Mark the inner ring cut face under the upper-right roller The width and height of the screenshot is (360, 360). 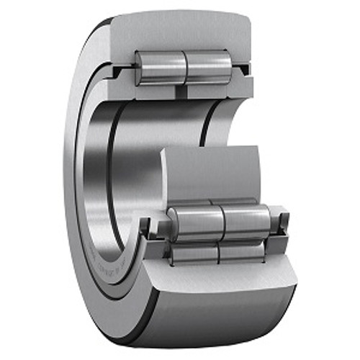pos(216,91)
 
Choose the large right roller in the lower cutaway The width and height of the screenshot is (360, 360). pos(245,219)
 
